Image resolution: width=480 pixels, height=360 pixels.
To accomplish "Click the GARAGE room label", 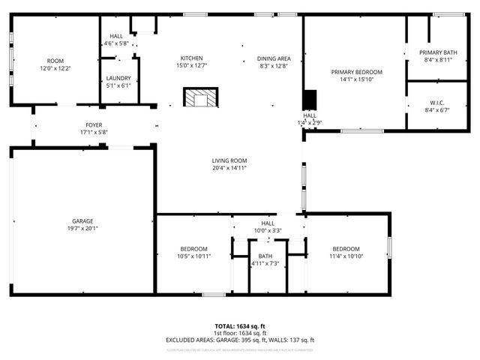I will point(82,221).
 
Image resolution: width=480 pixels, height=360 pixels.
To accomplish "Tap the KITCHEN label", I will point(191,58).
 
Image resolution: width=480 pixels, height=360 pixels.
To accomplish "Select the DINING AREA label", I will point(274,58).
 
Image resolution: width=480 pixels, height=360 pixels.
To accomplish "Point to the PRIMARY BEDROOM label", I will point(357,72).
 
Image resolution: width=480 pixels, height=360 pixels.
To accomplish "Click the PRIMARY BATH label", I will point(438,52).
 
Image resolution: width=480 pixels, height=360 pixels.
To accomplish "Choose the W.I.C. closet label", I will point(438,102).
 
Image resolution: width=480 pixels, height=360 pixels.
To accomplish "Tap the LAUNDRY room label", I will point(118,78).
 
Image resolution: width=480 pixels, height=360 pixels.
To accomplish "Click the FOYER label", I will point(94,125).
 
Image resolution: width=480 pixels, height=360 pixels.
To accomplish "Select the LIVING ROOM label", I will point(229,160).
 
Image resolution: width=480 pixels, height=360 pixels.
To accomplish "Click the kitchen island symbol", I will point(201,98).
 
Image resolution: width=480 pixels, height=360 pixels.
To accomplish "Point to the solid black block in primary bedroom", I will point(310,100).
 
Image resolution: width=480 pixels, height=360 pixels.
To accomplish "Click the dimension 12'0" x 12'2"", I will point(55,68).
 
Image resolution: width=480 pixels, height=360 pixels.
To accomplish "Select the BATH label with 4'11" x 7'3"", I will point(265,256).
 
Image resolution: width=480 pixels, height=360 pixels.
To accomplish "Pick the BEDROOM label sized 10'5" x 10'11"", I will point(194,248).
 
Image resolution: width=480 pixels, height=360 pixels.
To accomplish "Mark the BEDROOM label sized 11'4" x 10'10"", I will point(346,248).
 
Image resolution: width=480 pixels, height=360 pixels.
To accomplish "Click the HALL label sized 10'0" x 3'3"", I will point(268,223).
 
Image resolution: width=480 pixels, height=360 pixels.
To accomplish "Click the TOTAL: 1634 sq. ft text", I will point(240,326).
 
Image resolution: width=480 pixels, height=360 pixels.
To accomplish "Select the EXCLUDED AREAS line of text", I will point(240,340).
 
